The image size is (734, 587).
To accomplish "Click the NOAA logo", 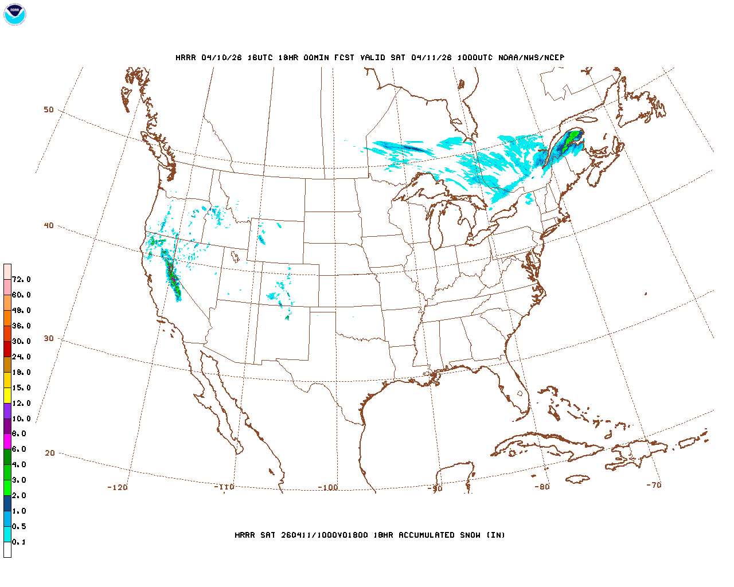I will click(x=14, y=14).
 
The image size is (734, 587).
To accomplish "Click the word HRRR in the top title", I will click(x=186, y=57).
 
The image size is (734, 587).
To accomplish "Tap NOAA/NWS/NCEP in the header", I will click(x=531, y=57).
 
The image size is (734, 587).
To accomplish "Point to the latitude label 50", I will click(x=49, y=109).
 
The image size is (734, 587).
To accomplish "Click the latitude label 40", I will click(x=49, y=225).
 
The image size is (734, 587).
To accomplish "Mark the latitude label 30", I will click(x=49, y=338).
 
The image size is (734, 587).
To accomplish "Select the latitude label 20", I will click(x=50, y=453).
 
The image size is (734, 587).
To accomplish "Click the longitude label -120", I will click(x=118, y=487).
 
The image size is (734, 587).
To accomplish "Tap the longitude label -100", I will click(x=328, y=487).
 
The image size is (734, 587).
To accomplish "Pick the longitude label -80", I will click(x=542, y=487).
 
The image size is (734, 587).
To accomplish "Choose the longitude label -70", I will click(x=654, y=485).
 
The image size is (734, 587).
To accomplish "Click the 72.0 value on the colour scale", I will click(x=21, y=279).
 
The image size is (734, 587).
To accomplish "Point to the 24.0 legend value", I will click(x=21, y=357).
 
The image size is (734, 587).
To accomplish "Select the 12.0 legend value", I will click(x=21, y=403).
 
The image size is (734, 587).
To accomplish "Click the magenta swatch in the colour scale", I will click(x=7, y=441).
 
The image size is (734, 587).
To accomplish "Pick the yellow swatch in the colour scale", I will click(x=7, y=395).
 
